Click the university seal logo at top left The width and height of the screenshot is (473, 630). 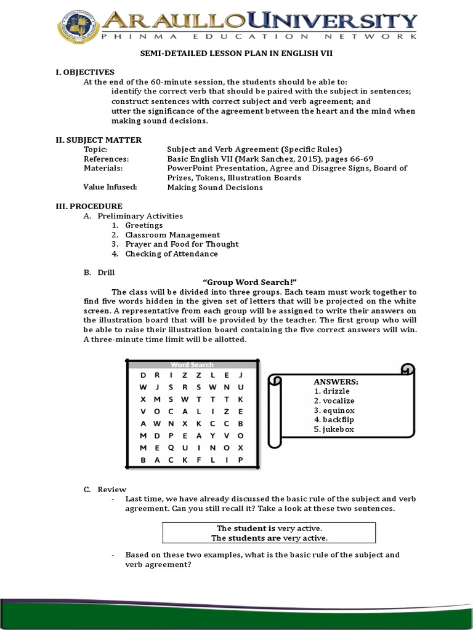[x=79, y=26]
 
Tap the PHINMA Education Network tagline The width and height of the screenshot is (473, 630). [x=259, y=37]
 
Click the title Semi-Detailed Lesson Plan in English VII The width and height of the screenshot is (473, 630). [x=236, y=54]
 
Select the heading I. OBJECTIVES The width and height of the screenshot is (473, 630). [x=85, y=72]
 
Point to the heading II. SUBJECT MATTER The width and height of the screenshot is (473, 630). [x=99, y=140]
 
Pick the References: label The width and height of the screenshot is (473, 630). [x=106, y=159]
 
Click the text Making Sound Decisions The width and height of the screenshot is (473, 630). [x=214, y=187]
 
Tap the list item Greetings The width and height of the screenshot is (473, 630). [x=144, y=225]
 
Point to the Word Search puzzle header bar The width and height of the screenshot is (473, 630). [x=192, y=364]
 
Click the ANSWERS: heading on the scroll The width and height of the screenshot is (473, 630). [x=336, y=381]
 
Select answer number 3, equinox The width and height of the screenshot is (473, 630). [x=334, y=410]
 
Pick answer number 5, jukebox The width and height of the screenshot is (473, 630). [x=334, y=429]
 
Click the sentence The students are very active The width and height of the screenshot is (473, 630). [x=269, y=538]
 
